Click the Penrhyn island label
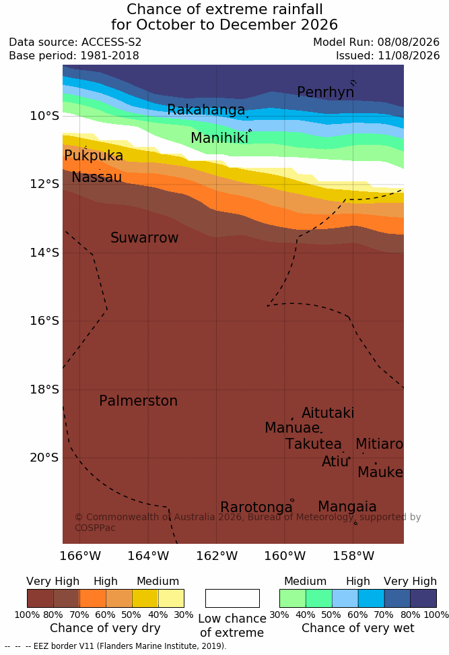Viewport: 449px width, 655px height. [x=326, y=92]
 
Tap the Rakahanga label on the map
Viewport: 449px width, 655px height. [x=206, y=109]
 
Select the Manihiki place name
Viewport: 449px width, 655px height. [x=219, y=138]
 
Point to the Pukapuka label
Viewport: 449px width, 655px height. [x=94, y=156]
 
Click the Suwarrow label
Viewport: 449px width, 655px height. [x=144, y=238]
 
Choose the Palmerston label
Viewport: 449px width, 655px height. [x=139, y=400]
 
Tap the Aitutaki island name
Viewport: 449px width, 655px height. [x=328, y=412]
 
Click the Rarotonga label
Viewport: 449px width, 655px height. [x=256, y=507]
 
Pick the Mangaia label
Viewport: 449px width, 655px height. [x=347, y=507]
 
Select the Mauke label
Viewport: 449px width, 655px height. [x=380, y=472]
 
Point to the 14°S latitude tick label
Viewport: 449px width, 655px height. [x=44, y=253]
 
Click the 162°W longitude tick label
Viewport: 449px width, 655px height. [x=217, y=556]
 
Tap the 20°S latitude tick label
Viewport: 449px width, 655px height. [x=44, y=458]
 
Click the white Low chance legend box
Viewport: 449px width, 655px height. [x=232, y=598]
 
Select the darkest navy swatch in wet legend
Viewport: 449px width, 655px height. [x=423, y=598]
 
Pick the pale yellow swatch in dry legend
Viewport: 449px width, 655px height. [x=171, y=598]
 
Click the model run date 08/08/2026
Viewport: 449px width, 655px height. [x=409, y=42]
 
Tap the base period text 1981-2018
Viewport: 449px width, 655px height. [x=110, y=55]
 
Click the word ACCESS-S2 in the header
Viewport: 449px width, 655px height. [x=112, y=42]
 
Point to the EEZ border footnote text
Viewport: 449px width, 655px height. [x=116, y=646]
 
